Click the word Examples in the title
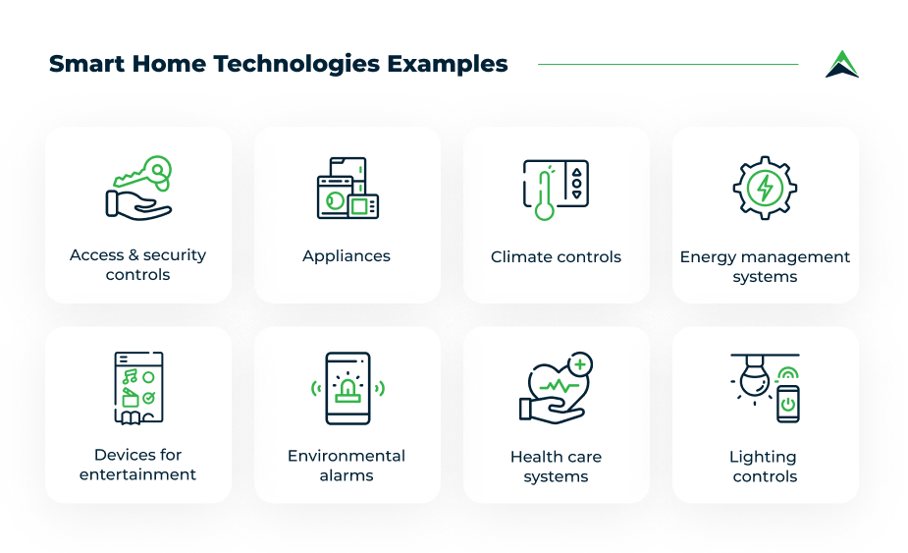[447, 65]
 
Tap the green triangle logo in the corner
[842, 64]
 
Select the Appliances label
[347, 255]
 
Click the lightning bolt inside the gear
[765, 187]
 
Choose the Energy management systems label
[765, 266]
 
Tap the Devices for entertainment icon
[138, 387]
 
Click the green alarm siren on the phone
[347, 389]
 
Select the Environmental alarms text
[347, 466]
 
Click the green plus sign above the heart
[580, 364]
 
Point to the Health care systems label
[556, 467]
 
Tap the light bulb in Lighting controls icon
[755, 382]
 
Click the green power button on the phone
[787, 404]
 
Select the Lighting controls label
[764, 467]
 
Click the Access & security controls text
[138, 265]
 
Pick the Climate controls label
[556, 256]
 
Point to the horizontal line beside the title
[668, 65]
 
